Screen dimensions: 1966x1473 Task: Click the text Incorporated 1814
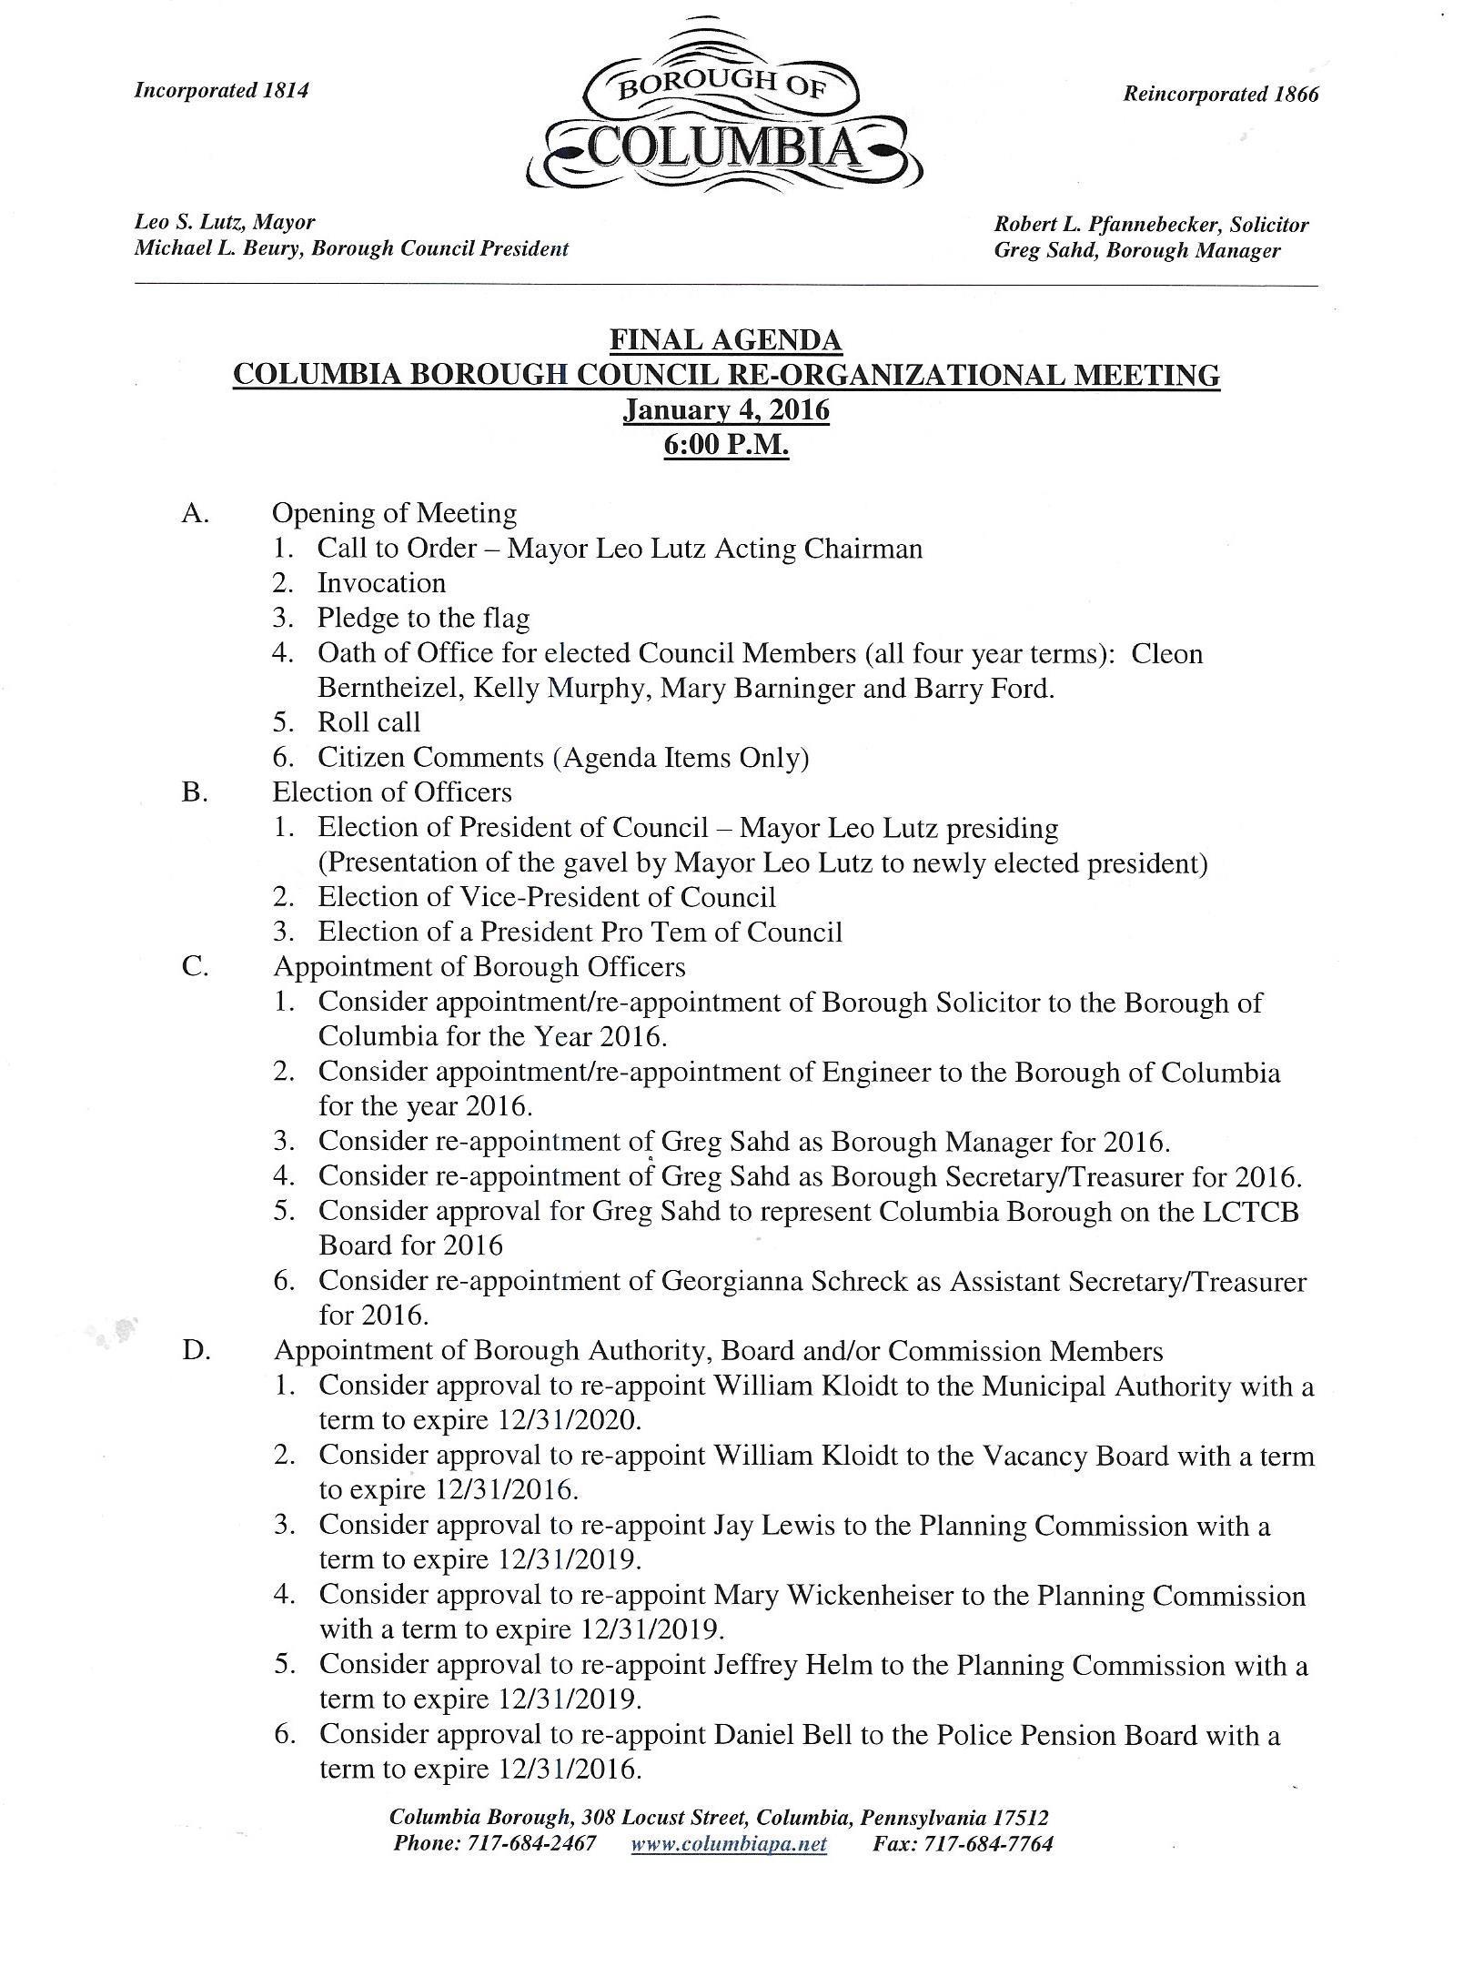221,90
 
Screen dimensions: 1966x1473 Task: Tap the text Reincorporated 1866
1220,94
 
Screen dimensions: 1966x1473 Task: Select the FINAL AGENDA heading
725,340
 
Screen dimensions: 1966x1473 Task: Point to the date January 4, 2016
726,410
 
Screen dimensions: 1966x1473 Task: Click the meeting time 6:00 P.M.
726,446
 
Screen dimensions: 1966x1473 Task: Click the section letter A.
195,513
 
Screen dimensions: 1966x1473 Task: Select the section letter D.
197,1350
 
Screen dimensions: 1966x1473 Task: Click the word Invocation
381,583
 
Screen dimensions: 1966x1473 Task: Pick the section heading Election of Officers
392,792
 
